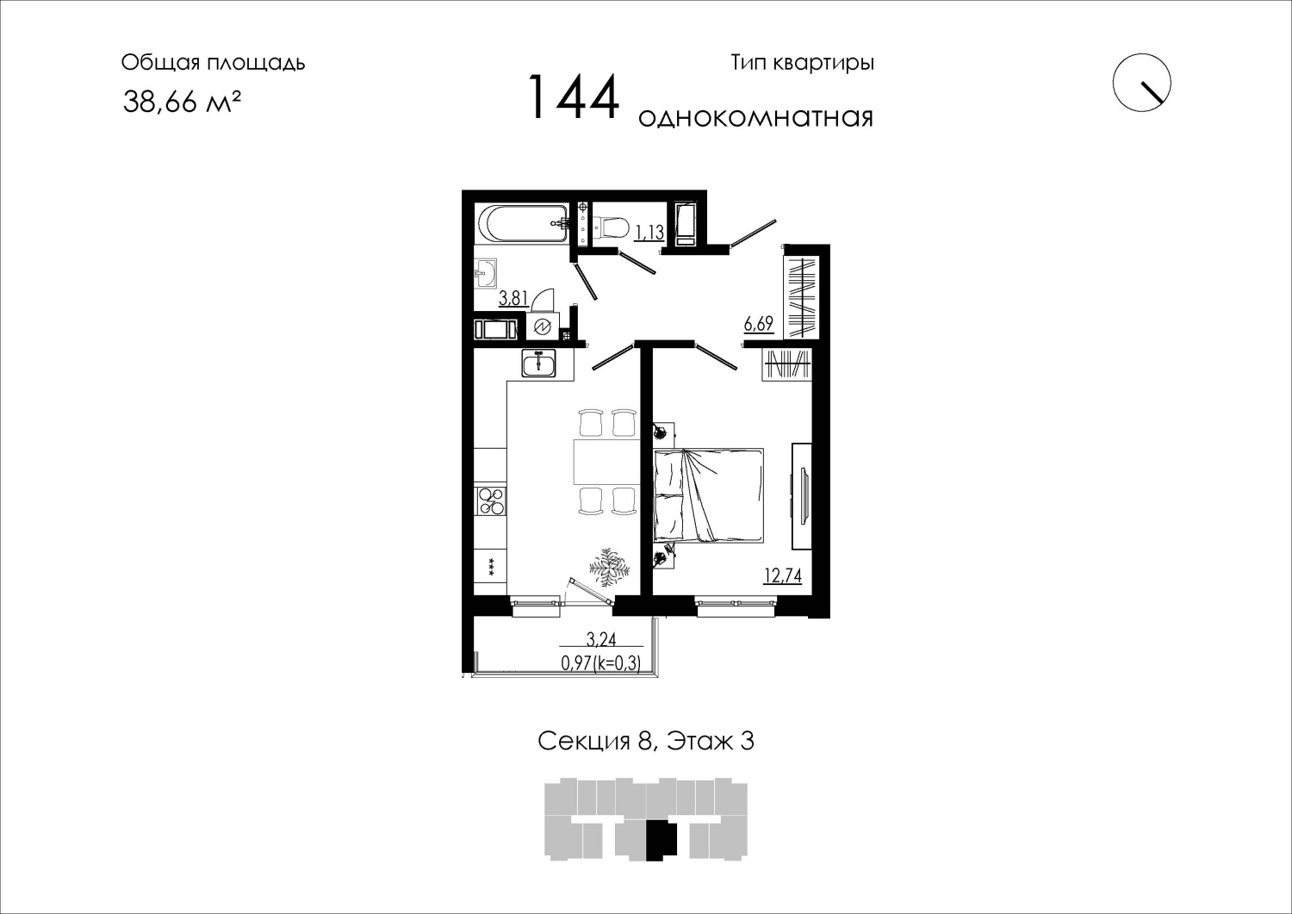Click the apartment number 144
click(574, 98)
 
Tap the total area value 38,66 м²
click(182, 103)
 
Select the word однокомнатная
click(755, 118)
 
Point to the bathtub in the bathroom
click(523, 225)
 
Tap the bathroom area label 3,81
click(512, 299)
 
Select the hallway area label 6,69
click(759, 324)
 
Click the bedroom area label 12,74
click(783, 575)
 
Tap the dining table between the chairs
click(606, 463)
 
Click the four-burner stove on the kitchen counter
click(491, 501)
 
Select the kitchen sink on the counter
click(538, 363)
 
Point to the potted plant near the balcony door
click(608, 567)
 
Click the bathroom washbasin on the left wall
click(487, 272)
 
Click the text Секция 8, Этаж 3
click(646, 742)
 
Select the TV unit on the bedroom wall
click(801, 496)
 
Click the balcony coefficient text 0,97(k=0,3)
click(601, 663)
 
